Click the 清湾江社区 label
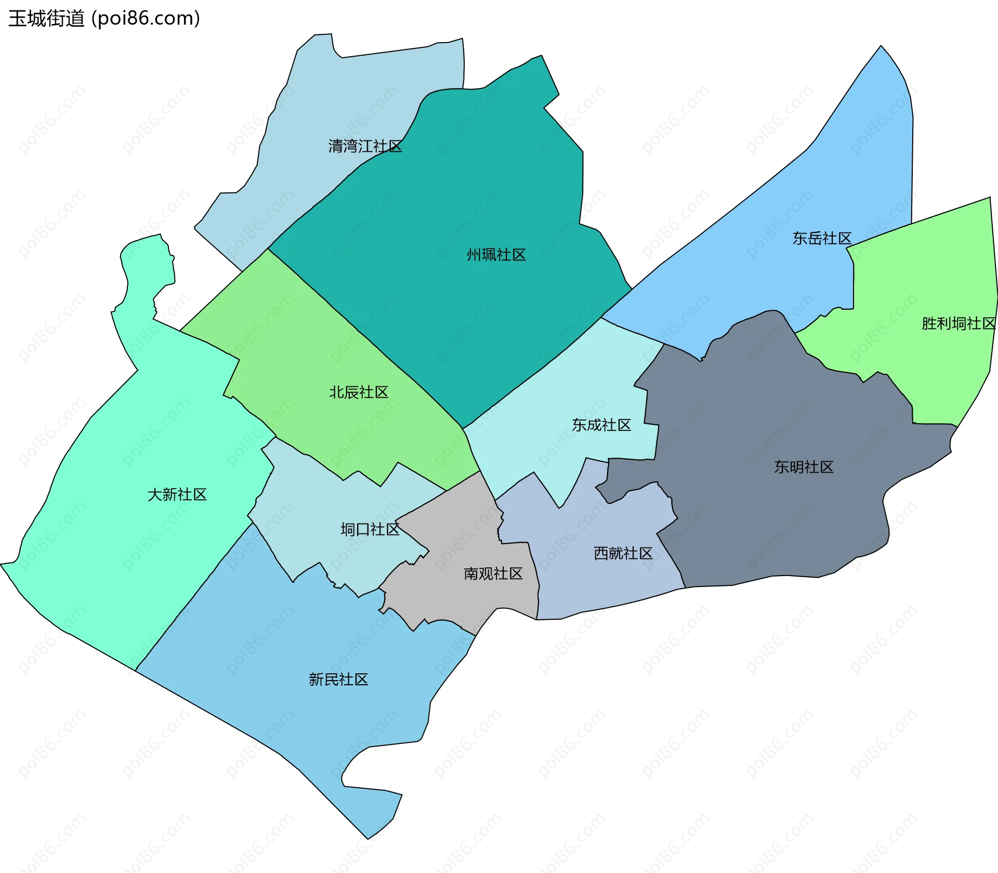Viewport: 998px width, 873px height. [x=365, y=147]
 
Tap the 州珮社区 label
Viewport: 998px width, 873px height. [x=496, y=255]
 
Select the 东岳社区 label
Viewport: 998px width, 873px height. [x=822, y=239]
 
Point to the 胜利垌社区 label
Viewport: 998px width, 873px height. [x=958, y=323]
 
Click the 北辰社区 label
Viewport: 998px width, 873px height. [x=359, y=392]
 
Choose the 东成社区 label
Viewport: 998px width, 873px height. [x=601, y=425]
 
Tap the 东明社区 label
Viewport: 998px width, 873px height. [x=804, y=467]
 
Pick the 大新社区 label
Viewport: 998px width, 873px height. [x=177, y=494]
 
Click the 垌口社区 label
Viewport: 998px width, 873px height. [x=370, y=529]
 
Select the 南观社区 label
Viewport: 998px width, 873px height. [x=493, y=574]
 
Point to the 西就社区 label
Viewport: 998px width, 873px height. [x=623, y=553]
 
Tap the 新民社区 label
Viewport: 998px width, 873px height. [x=338, y=679]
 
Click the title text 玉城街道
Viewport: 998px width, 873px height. [x=46, y=19]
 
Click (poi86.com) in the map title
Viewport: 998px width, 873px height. [x=146, y=19]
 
